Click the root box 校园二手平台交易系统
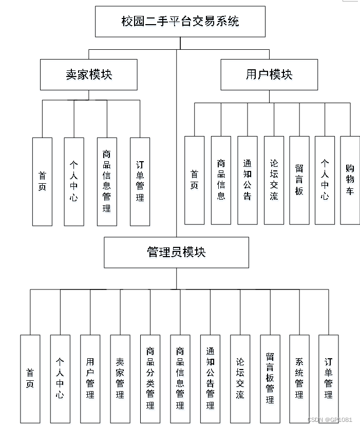tap(180, 22)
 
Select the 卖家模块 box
tap(89, 75)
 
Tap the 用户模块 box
tap(269, 75)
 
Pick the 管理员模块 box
tap(176, 253)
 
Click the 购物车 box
tap(350, 180)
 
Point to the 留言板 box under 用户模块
tap(299, 180)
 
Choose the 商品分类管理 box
tap(150, 379)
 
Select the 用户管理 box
tap(90, 379)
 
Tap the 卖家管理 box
tap(120, 379)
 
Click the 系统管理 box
tap(299, 379)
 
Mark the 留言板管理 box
tap(270, 379)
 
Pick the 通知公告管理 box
tap(210, 379)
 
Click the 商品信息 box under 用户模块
tap(221, 180)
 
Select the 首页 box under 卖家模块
tap(42, 182)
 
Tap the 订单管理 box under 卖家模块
tap(140, 182)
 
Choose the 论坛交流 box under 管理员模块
tap(240, 379)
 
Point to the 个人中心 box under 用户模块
tap(325, 180)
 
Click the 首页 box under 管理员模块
tap(30, 379)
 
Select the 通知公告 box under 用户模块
tap(248, 180)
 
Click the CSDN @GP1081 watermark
tap(330, 419)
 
